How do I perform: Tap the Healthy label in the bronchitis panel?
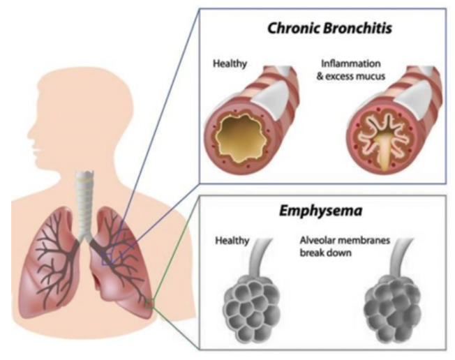point(230,64)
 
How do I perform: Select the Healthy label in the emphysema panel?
point(232,241)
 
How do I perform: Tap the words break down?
point(327,253)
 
